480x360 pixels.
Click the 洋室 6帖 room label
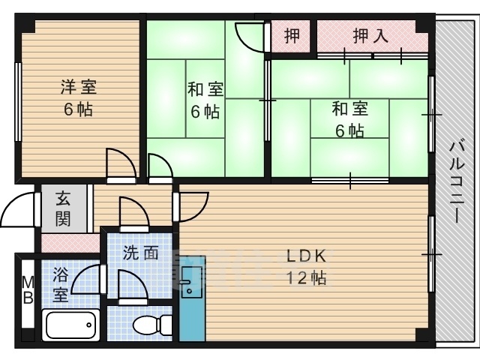(x=78, y=97)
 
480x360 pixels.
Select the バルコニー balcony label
(x=454, y=180)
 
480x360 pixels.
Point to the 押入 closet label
(x=370, y=36)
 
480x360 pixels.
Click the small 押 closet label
(x=293, y=36)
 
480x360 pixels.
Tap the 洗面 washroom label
(x=140, y=253)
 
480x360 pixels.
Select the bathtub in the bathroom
(x=72, y=325)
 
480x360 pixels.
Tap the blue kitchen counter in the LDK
(x=191, y=300)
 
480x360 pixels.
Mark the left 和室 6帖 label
(x=204, y=100)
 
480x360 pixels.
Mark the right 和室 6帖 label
(x=349, y=118)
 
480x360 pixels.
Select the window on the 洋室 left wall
(x=17, y=102)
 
